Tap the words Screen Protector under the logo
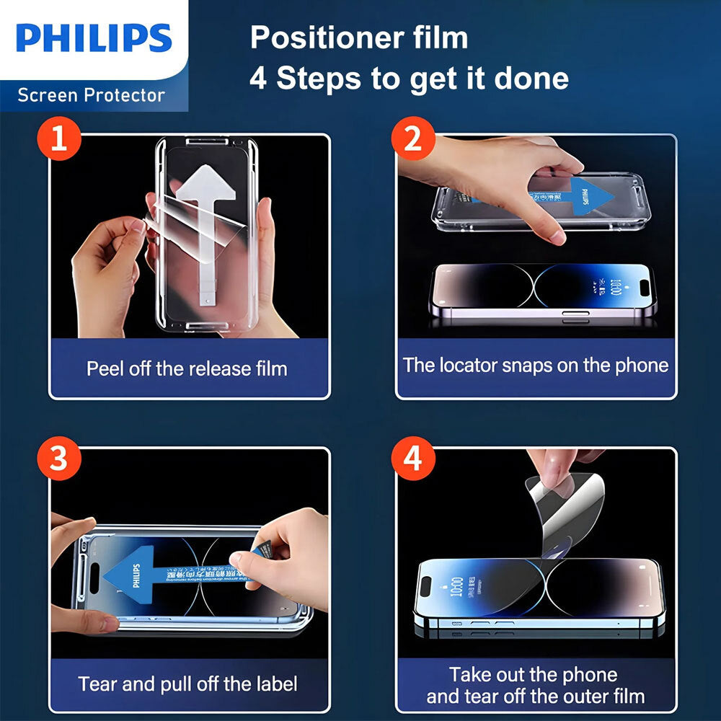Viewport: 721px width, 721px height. coord(91,95)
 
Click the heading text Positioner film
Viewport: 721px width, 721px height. coord(358,38)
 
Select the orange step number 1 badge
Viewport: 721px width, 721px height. coord(58,139)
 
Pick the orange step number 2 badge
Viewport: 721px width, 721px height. coord(412,139)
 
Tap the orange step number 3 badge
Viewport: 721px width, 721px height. coord(58,459)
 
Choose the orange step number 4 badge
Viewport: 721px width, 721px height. coord(412,459)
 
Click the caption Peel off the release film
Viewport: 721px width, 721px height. coord(187,369)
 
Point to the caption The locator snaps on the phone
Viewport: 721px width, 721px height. coord(536,365)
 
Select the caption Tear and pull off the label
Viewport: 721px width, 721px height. coord(187,684)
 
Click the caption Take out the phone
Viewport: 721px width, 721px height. coord(534,675)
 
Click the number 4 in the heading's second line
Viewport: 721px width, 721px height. coord(257,78)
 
